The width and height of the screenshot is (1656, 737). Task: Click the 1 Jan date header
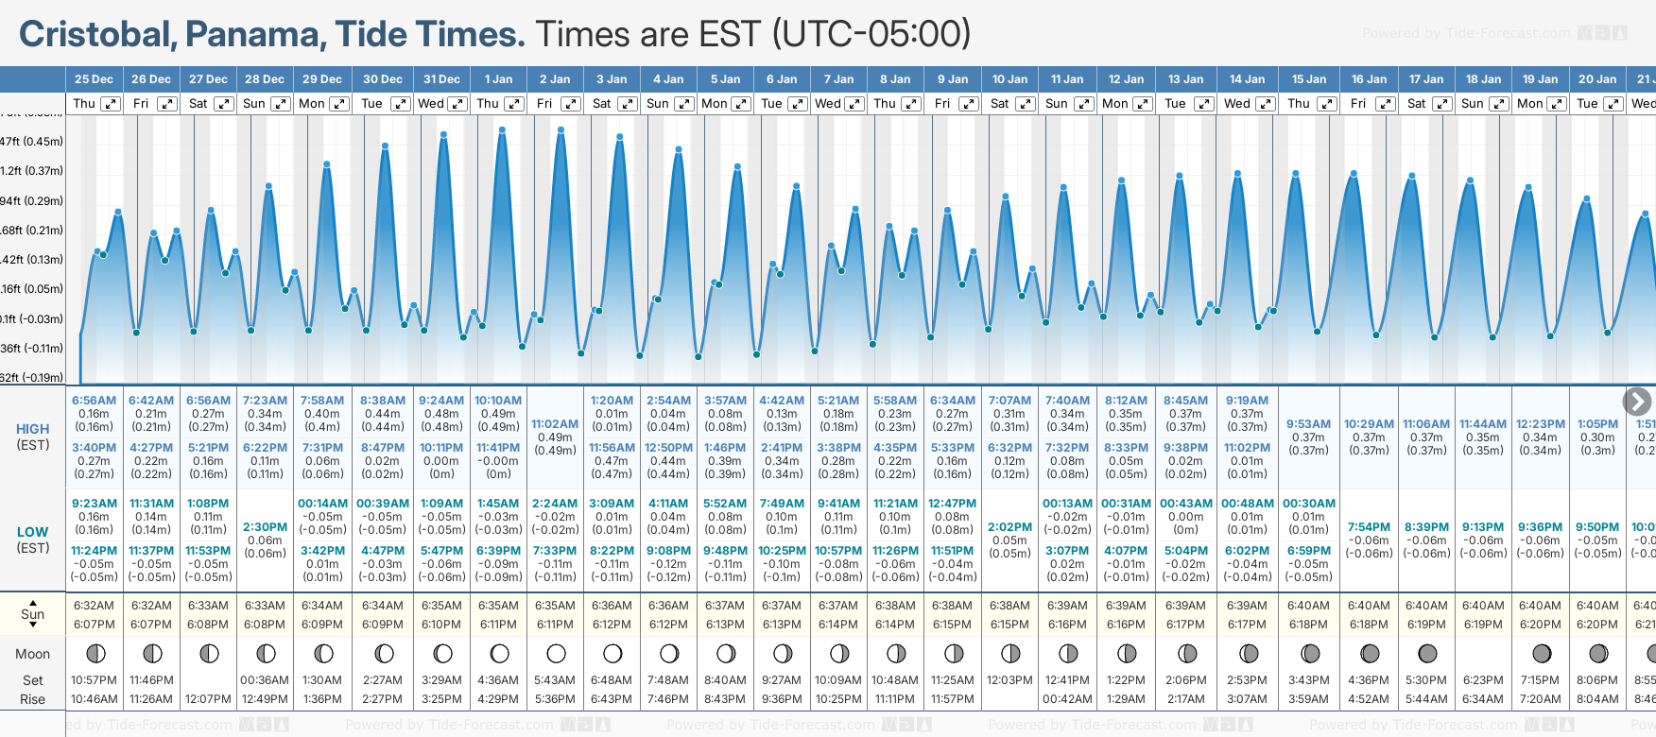click(x=498, y=79)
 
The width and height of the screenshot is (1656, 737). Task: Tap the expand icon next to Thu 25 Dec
click(x=111, y=104)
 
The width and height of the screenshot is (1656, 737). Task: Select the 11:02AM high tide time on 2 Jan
click(x=555, y=424)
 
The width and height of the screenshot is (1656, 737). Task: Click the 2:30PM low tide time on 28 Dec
click(x=265, y=527)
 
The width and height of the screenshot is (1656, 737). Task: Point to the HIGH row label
click(x=33, y=429)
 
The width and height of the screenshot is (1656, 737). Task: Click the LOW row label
click(x=33, y=532)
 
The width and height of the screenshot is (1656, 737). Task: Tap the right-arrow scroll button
click(x=1637, y=402)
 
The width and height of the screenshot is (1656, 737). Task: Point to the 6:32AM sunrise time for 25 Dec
click(x=94, y=606)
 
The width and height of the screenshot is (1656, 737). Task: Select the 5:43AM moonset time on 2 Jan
click(x=555, y=680)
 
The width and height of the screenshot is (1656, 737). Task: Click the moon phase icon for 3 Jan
click(x=612, y=653)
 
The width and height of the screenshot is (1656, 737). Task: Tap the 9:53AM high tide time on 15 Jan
click(x=1309, y=424)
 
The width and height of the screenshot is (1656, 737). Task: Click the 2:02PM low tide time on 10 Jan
click(x=1009, y=527)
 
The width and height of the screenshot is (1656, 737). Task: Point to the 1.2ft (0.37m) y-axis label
click(x=32, y=171)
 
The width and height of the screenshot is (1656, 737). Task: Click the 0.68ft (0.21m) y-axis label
click(x=32, y=231)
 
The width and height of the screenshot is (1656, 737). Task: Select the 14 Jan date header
click(x=1248, y=79)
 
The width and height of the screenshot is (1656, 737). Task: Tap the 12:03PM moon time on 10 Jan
click(x=1009, y=680)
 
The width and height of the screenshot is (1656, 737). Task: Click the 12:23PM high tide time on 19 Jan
click(x=1540, y=424)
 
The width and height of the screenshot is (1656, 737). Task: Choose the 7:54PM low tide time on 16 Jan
click(x=1369, y=527)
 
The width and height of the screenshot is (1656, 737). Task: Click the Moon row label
click(x=33, y=654)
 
